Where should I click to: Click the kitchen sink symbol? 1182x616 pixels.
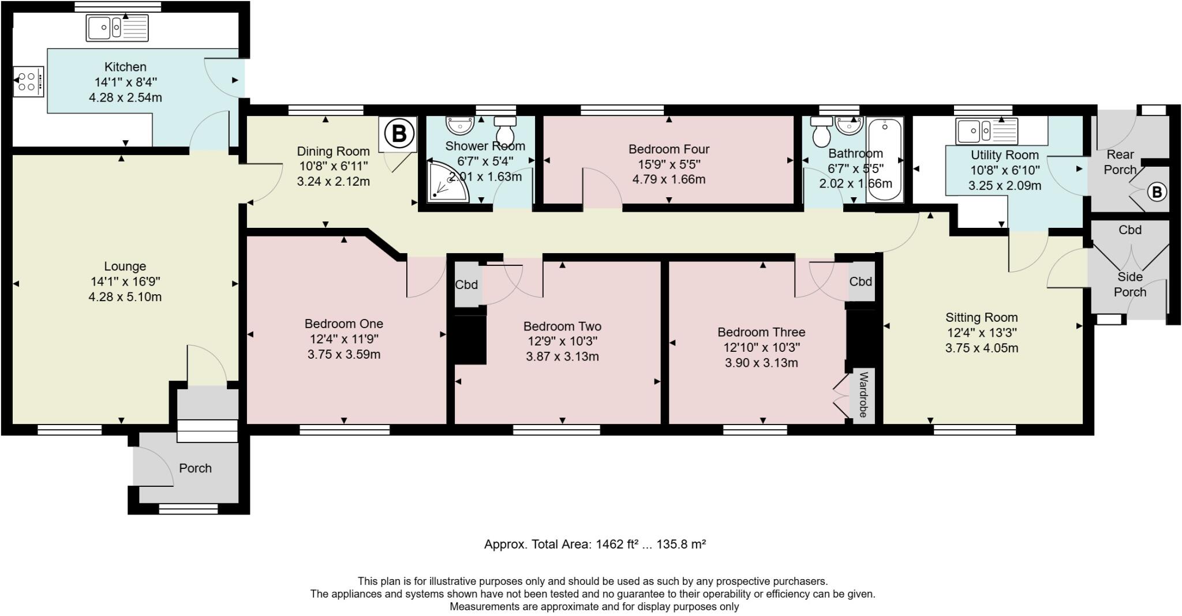[117, 28]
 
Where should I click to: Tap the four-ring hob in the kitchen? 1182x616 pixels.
[28, 81]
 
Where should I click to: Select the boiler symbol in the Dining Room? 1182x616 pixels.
[398, 134]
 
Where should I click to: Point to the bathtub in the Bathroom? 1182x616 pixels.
[884, 160]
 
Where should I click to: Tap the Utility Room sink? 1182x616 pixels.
[986, 131]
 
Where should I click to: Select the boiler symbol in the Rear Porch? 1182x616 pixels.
[1156, 193]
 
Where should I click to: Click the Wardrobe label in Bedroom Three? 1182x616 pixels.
[863, 395]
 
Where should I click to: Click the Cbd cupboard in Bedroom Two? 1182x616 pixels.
[466, 284]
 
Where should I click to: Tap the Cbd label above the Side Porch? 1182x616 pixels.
[1129, 230]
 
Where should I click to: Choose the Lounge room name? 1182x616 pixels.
[125, 266]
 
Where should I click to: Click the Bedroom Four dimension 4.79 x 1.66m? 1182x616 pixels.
[669, 179]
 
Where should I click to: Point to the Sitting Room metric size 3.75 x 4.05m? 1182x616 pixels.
[981, 348]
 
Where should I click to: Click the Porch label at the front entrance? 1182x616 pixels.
[195, 468]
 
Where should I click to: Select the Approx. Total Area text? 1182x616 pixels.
[594, 544]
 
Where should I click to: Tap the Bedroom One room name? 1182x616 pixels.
[344, 324]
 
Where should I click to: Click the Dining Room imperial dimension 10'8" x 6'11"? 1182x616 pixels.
[333, 167]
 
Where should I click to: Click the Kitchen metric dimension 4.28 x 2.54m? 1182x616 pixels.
[125, 97]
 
